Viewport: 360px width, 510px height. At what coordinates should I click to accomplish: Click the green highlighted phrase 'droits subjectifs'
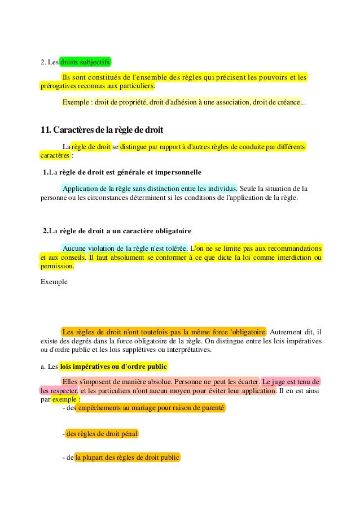(x=86, y=62)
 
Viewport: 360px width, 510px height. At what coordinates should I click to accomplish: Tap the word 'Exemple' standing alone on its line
(x=54, y=281)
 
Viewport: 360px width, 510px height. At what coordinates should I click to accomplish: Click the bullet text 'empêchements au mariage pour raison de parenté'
(x=151, y=407)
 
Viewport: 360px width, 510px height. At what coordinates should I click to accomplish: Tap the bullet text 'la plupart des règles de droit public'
(x=127, y=458)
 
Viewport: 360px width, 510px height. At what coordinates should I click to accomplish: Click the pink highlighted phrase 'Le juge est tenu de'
(x=292, y=381)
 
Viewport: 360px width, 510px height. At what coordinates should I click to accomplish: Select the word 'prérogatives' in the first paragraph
(x=58, y=87)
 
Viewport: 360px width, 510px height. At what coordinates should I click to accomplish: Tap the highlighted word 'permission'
(x=57, y=267)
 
